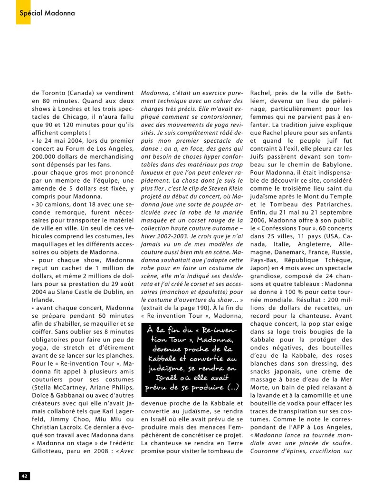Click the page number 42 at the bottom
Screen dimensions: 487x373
coord(24,475)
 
